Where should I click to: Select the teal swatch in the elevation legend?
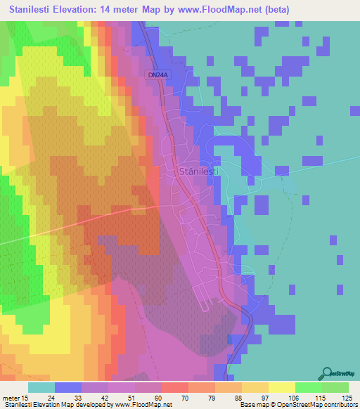41,387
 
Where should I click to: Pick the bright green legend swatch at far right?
335,387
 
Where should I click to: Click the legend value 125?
347,397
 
